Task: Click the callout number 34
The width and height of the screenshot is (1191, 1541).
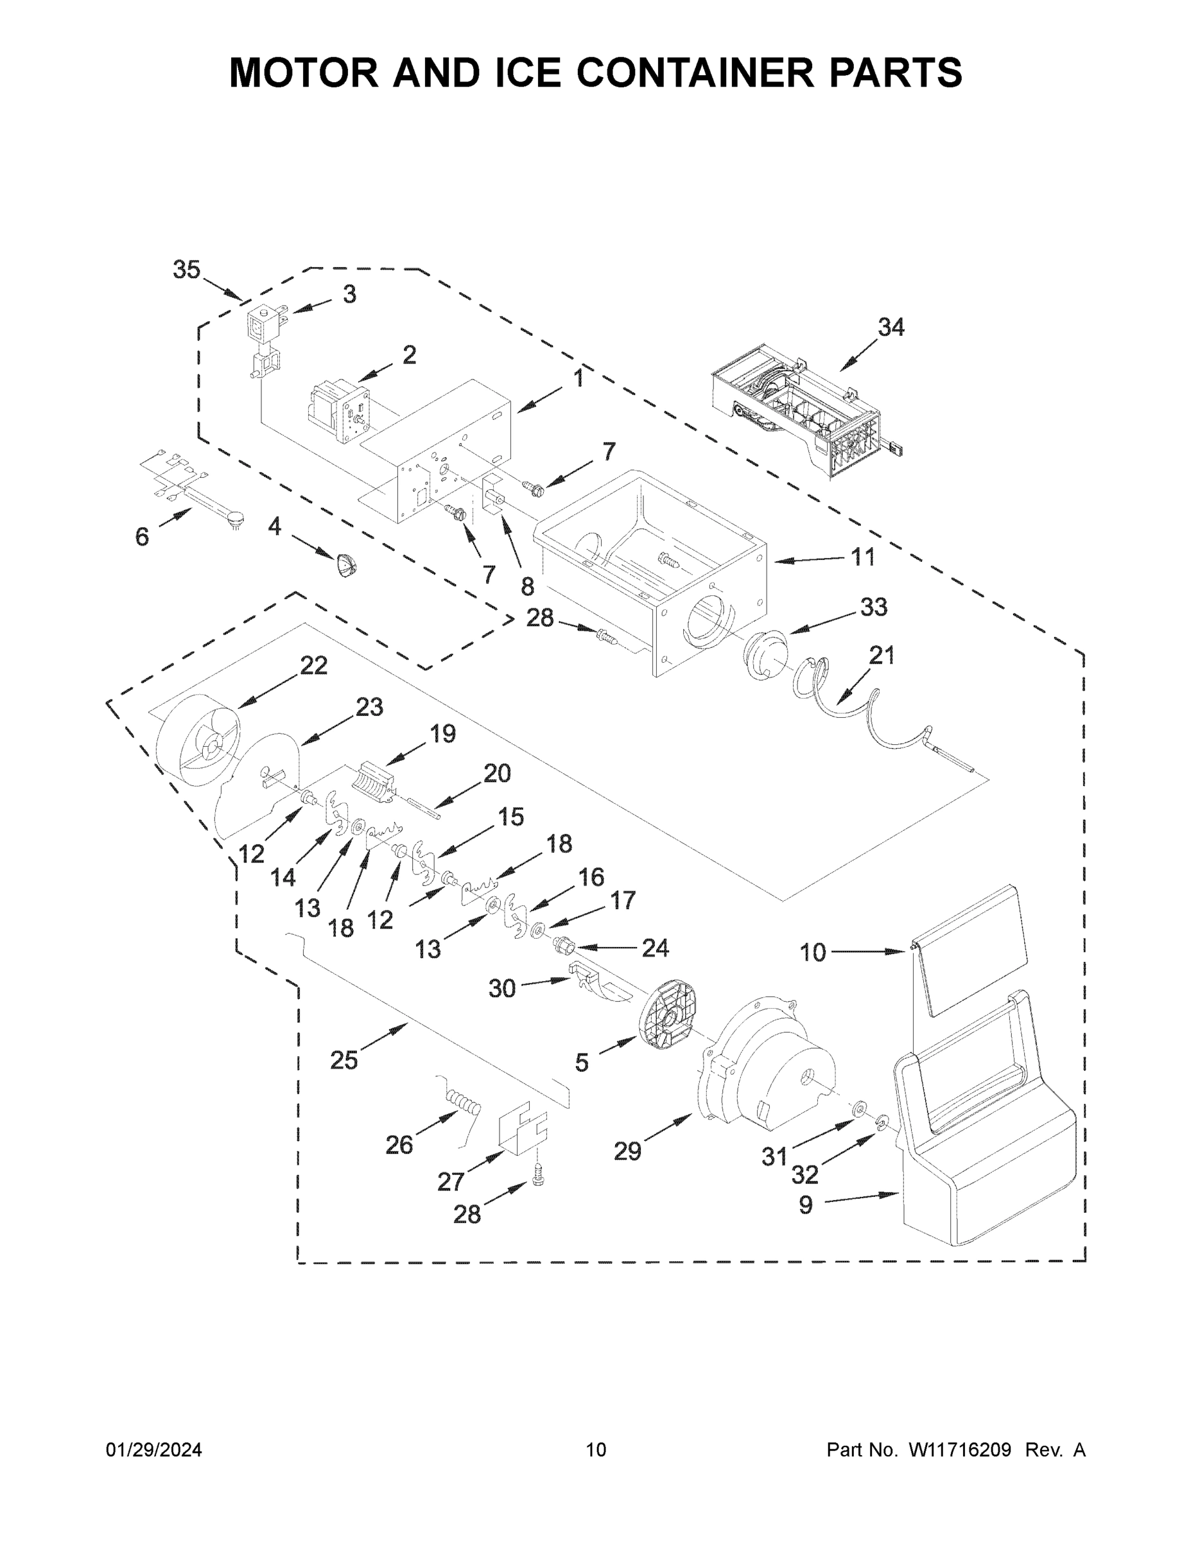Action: coord(891,327)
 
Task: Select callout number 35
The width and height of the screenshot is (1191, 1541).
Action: coord(187,270)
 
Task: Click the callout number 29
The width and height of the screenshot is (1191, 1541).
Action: coord(627,1151)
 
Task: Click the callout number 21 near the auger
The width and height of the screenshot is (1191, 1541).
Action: coord(882,656)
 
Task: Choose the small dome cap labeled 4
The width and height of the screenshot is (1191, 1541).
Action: coord(345,565)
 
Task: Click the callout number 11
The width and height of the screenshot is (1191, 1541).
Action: coord(862,557)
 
